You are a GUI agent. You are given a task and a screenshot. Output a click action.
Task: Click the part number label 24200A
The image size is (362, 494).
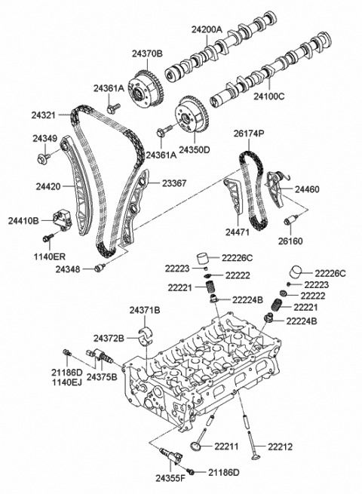pyautogui.click(x=206, y=29)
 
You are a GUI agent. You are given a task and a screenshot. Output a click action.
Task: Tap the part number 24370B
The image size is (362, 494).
pyautogui.click(x=148, y=54)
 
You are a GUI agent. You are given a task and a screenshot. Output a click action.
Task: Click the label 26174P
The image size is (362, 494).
pyautogui.click(x=248, y=133)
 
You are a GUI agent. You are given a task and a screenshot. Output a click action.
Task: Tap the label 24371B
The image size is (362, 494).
pyautogui.click(x=145, y=311)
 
